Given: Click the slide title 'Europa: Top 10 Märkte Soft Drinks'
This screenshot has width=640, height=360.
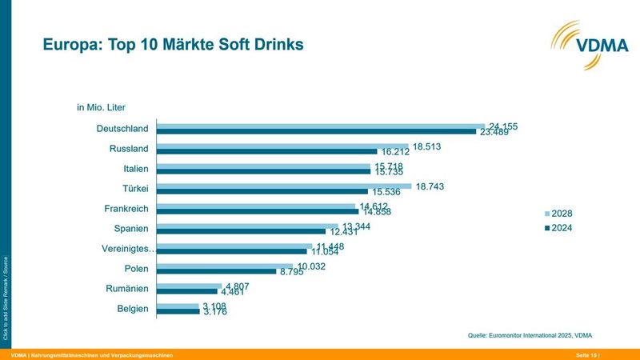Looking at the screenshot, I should pyautogui.click(x=174, y=45).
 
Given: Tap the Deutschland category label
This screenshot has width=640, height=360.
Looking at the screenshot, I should pyautogui.click(x=122, y=129).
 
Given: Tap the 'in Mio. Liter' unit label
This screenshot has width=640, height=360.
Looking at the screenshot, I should pyautogui.click(x=101, y=106).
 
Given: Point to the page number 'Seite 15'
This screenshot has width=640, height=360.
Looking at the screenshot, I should pyautogui.click(x=586, y=354).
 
